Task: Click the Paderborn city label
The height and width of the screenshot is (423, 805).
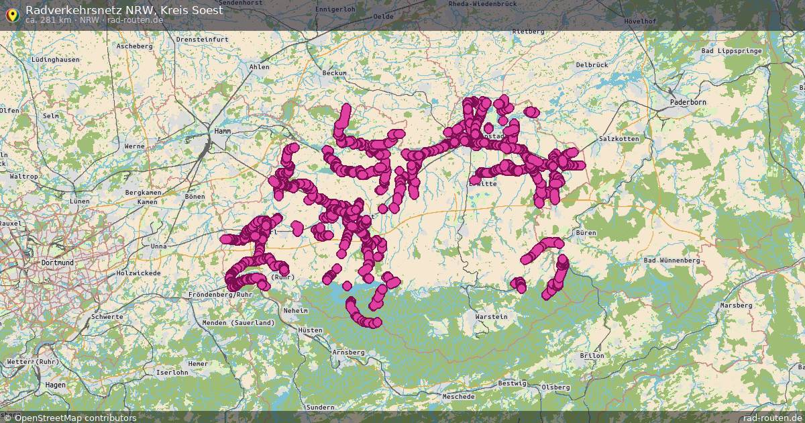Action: (688, 102)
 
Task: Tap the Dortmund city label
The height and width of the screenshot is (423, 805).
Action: (57, 263)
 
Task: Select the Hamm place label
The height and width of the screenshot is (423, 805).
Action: (223, 132)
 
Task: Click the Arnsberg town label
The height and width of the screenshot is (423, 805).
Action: (348, 352)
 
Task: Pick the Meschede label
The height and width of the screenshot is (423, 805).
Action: (459, 396)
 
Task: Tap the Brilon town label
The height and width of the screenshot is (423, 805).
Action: (592, 355)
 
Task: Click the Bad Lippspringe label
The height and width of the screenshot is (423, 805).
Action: (726, 51)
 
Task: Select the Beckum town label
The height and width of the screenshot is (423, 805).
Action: (335, 73)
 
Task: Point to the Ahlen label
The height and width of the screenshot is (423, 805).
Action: (259, 66)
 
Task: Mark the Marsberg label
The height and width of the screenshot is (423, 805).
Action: (736, 305)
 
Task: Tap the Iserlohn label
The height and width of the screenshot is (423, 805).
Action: (172, 372)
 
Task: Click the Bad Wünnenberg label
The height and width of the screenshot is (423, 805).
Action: (671, 260)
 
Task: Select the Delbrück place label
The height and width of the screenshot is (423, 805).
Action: (591, 64)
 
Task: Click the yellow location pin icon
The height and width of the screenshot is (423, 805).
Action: (12, 14)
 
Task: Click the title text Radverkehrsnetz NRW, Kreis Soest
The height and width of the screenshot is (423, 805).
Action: (124, 9)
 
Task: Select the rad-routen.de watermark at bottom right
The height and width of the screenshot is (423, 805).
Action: (773, 418)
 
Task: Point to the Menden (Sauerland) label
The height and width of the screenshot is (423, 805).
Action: (238, 323)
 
